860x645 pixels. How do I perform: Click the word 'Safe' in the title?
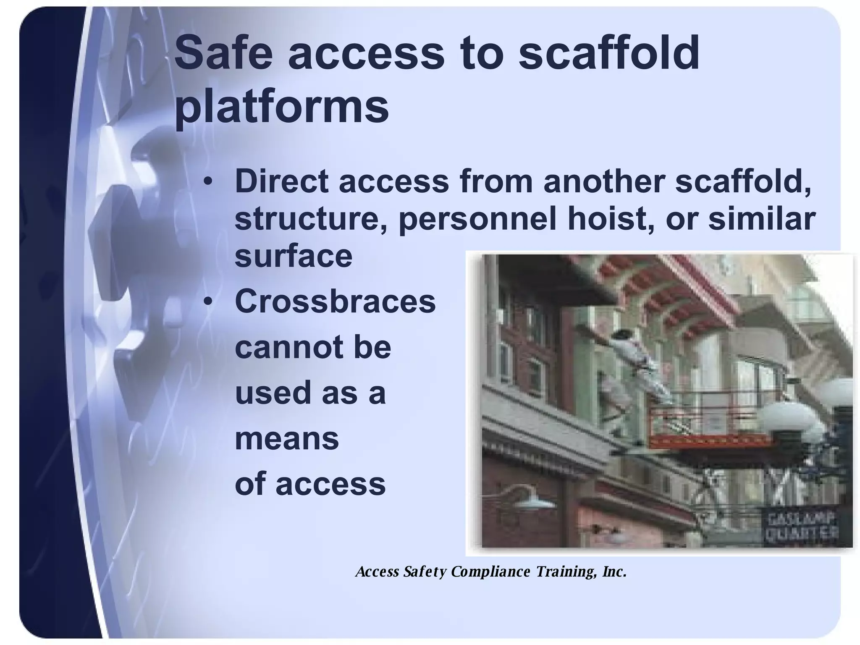(223, 54)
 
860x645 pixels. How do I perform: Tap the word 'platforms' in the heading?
(281, 106)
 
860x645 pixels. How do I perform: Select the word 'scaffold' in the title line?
(608, 54)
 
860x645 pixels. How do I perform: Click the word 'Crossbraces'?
(335, 302)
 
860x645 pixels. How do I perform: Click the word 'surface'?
(293, 256)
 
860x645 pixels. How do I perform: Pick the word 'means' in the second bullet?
(286, 438)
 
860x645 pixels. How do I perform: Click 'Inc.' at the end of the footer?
(614, 572)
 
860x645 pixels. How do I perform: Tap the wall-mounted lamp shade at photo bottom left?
(532, 502)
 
